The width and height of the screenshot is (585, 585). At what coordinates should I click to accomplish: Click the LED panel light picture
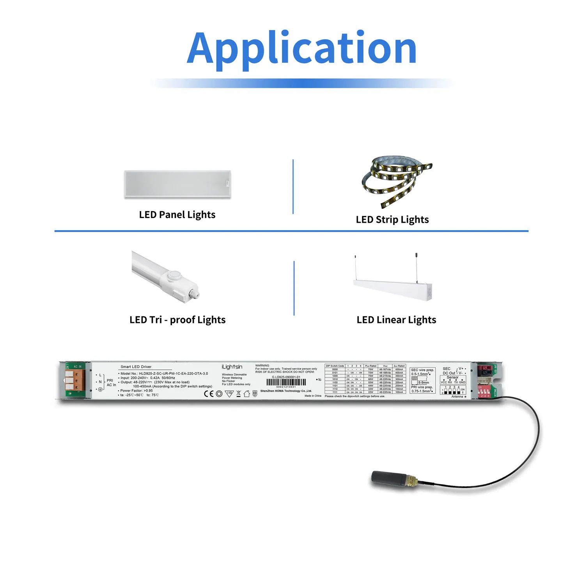tap(177, 184)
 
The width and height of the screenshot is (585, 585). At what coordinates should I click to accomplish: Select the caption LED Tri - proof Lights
tap(177, 320)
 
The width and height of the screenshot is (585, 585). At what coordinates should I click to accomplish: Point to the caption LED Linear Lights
tap(396, 320)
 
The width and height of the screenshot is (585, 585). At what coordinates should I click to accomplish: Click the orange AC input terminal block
tap(74, 380)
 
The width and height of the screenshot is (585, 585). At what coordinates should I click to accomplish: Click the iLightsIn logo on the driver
tap(232, 367)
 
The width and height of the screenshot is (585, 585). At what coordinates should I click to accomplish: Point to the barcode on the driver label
tap(286, 383)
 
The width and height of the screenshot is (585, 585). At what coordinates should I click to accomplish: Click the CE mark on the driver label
tap(209, 394)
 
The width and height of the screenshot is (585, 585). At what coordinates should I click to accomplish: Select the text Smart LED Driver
tap(136, 367)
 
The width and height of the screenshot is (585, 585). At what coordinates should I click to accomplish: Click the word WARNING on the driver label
tap(262, 365)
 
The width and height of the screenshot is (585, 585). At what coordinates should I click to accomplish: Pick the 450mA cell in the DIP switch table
tap(399, 369)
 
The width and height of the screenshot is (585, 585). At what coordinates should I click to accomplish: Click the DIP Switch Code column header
tap(335, 366)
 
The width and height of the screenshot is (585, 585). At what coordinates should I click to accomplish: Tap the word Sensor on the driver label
tap(452, 377)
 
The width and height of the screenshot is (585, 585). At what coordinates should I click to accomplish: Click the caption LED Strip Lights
tap(392, 220)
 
